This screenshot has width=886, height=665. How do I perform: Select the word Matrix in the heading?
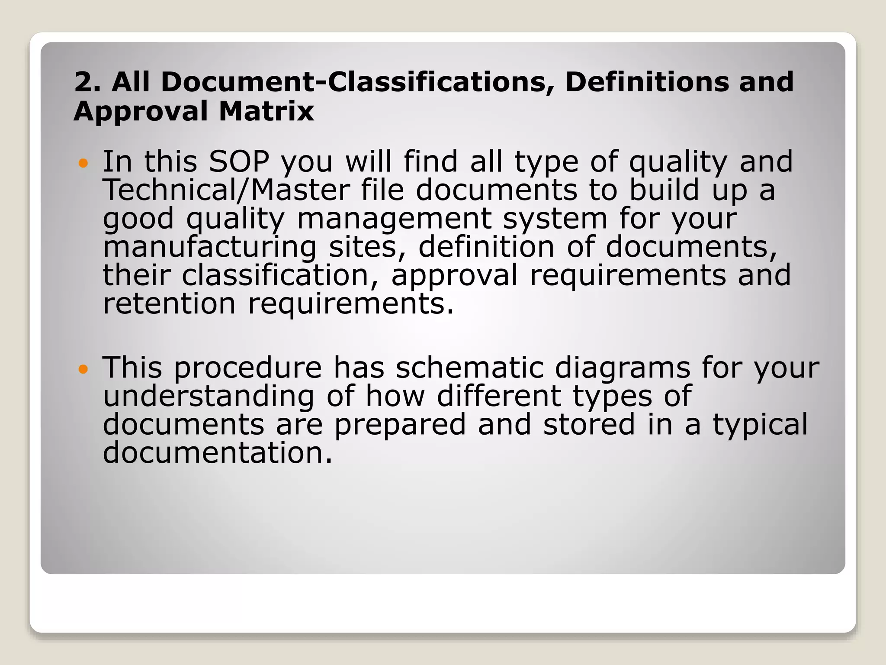click(x=266, y=111)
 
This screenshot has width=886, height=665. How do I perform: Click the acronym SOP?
click(x=239, y=161)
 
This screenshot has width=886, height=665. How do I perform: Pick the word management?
click(x=394, y=219)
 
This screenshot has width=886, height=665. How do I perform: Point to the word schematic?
click(x=469, y=368)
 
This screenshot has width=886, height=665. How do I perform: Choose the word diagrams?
click(x=623, y=368)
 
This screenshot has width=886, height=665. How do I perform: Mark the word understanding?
click(x=209, y=396)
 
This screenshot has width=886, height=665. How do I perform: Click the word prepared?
click(x=400, y=425)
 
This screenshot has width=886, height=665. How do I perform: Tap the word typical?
click(x=760, y=425)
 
